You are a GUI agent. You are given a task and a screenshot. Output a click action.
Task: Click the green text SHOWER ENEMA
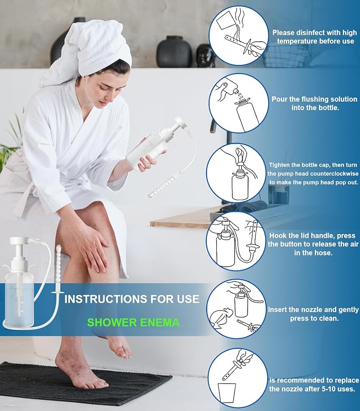(133, 322)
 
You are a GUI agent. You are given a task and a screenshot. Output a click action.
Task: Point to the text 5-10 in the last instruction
(323, 389)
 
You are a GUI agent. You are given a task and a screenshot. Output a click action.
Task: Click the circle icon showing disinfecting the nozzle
(239, 36)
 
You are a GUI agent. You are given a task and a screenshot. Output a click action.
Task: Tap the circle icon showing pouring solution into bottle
(239, 103)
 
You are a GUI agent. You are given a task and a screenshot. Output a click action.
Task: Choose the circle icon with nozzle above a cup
(238, 378)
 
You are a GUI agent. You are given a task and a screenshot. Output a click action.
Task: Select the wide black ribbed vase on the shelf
(174, 52)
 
